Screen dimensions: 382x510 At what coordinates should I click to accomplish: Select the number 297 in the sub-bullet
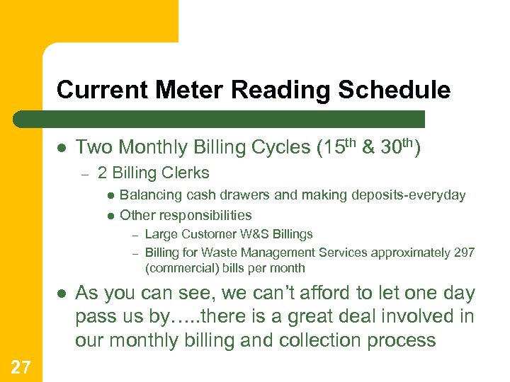pyautogui.click(x=463, y=253)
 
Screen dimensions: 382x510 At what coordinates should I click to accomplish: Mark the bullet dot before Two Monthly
pyautogui.click(x=62, y=148)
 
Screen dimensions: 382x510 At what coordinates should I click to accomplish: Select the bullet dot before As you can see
pyautogui.click(x=62, y=294)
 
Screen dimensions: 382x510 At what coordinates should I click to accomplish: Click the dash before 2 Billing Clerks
pyautogui.click(x=83, y=173)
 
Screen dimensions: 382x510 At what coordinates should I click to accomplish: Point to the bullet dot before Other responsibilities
pyautogui.click(x=110, y=216)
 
